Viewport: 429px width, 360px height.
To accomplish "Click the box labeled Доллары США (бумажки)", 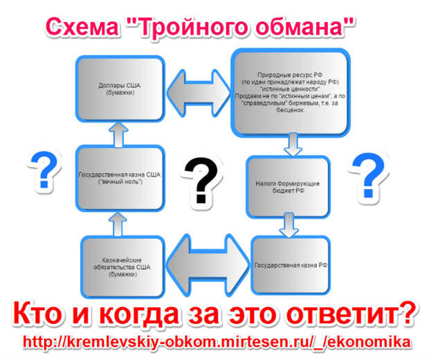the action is pos(120,89).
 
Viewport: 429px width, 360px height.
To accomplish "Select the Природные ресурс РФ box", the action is pos(291,93).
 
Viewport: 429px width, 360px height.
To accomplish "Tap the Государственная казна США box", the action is pos(120,178).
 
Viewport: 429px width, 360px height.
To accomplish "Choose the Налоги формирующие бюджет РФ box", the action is pos(288,187).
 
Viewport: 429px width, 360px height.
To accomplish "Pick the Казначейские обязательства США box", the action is pos(122,267).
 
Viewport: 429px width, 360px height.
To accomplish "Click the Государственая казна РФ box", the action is pos(291,265).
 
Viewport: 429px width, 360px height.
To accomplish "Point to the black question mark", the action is pos(201,180).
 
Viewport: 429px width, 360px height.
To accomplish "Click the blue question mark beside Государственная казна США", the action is pos(44,170).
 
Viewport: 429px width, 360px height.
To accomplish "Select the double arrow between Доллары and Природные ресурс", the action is pos(198,93).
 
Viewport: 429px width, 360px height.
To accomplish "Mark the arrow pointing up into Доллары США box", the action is pos(118,135).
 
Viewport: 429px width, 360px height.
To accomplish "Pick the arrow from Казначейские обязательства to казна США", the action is pos(118,224).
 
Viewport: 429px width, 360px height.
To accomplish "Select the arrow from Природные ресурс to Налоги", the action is pos(293,144).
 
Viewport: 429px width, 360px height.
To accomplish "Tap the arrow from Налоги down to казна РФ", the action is pos(289,225).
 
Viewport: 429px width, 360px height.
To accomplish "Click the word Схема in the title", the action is pos(82,27).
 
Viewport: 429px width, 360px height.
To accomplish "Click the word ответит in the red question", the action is pos(351,314).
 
